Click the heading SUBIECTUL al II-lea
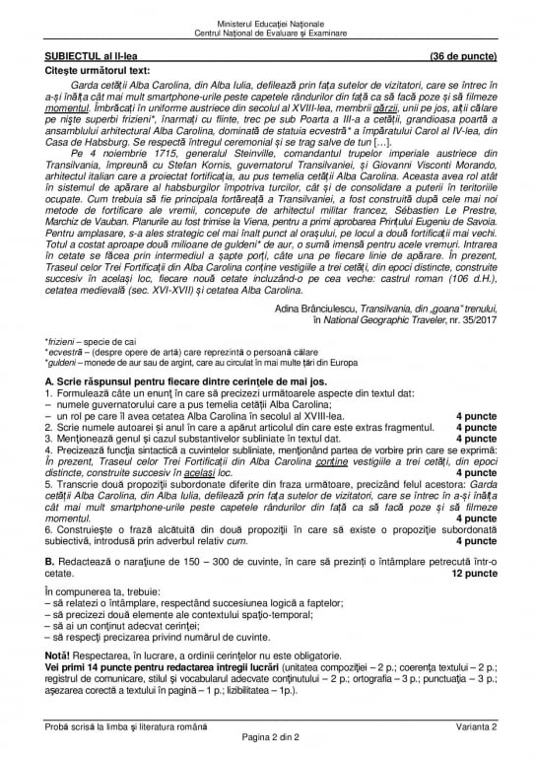88,58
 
